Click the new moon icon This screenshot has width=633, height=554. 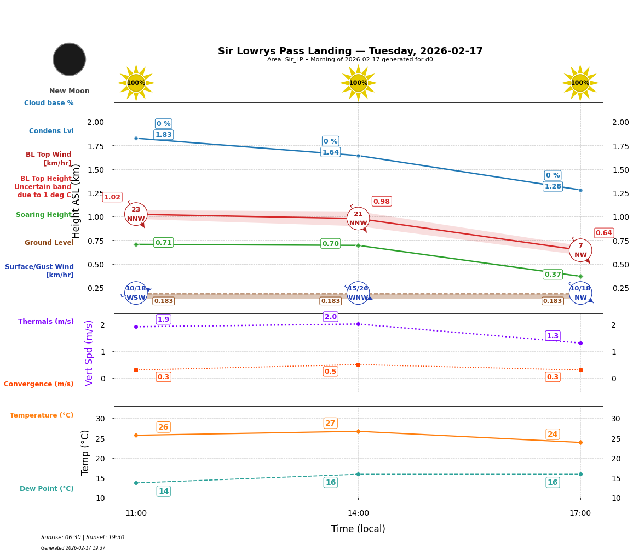click(70, 59)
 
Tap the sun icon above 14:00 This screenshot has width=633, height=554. click(358, 83)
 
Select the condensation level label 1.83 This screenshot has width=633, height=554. click(163, 135)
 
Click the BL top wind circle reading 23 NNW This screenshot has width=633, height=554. click(136, 214)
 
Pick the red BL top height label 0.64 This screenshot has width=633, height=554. click(603, 233)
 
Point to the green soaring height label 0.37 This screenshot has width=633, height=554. click(553, 275)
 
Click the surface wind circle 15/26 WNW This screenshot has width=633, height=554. click(358, 293)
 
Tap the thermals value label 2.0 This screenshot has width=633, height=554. click(330, 317)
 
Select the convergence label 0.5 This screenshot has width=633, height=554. click(330, 372)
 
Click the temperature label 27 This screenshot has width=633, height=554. click(330, 423)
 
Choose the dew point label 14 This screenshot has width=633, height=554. click(163, 491)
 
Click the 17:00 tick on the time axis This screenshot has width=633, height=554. click(580, 513)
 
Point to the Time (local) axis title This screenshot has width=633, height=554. click(358, 529)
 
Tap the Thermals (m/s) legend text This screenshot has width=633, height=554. click(46, 322)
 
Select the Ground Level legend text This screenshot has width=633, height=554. click(49, 243)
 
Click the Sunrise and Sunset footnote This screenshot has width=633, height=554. click(83, 538)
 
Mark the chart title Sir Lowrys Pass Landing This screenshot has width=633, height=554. click(350, 51)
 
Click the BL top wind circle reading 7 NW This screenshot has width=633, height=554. click(580, 250)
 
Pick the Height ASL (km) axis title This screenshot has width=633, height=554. click(76, 201)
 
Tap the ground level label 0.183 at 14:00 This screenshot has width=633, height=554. click(330, 301)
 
